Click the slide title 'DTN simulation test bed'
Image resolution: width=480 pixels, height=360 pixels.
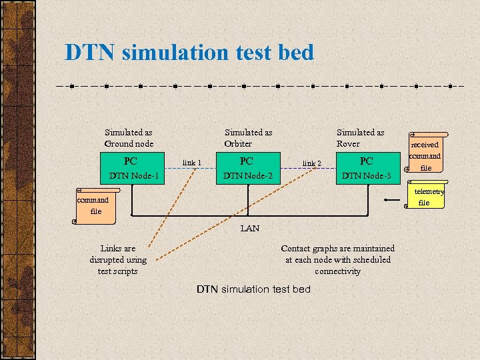tap(189, 52)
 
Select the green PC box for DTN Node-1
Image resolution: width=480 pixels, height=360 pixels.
tap(131, 161)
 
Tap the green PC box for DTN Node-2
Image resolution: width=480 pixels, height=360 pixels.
tap(247, 161)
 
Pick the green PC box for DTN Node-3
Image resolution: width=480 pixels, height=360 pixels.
tap(366, 161)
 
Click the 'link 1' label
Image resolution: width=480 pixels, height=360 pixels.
tap(192, 163)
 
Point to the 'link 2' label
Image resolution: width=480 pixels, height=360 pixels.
tap(312, 163)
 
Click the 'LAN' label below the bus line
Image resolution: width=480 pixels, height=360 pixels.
tap(250, 228)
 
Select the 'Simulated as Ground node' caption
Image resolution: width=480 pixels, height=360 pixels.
tap(129, 138)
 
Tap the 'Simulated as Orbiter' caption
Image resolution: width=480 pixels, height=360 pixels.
tap(248, 138)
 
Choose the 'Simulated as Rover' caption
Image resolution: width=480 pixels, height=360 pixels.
tap(360, 138)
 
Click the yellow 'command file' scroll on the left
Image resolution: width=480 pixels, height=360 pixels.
tap(93, 205)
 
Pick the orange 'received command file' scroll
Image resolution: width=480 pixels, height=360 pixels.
tap(424, 155)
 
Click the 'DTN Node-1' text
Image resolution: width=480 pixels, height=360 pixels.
tap(133, 176)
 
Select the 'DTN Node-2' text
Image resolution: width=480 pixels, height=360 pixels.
tap(248, 176)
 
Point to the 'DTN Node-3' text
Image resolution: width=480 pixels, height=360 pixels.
tap(366, 176)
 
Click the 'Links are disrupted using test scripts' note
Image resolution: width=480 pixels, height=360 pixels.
tap(118, 260)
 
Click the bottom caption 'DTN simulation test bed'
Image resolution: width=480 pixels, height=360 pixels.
tap(253, 289)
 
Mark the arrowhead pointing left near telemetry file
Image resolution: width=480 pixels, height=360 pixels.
tap(387, 199)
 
